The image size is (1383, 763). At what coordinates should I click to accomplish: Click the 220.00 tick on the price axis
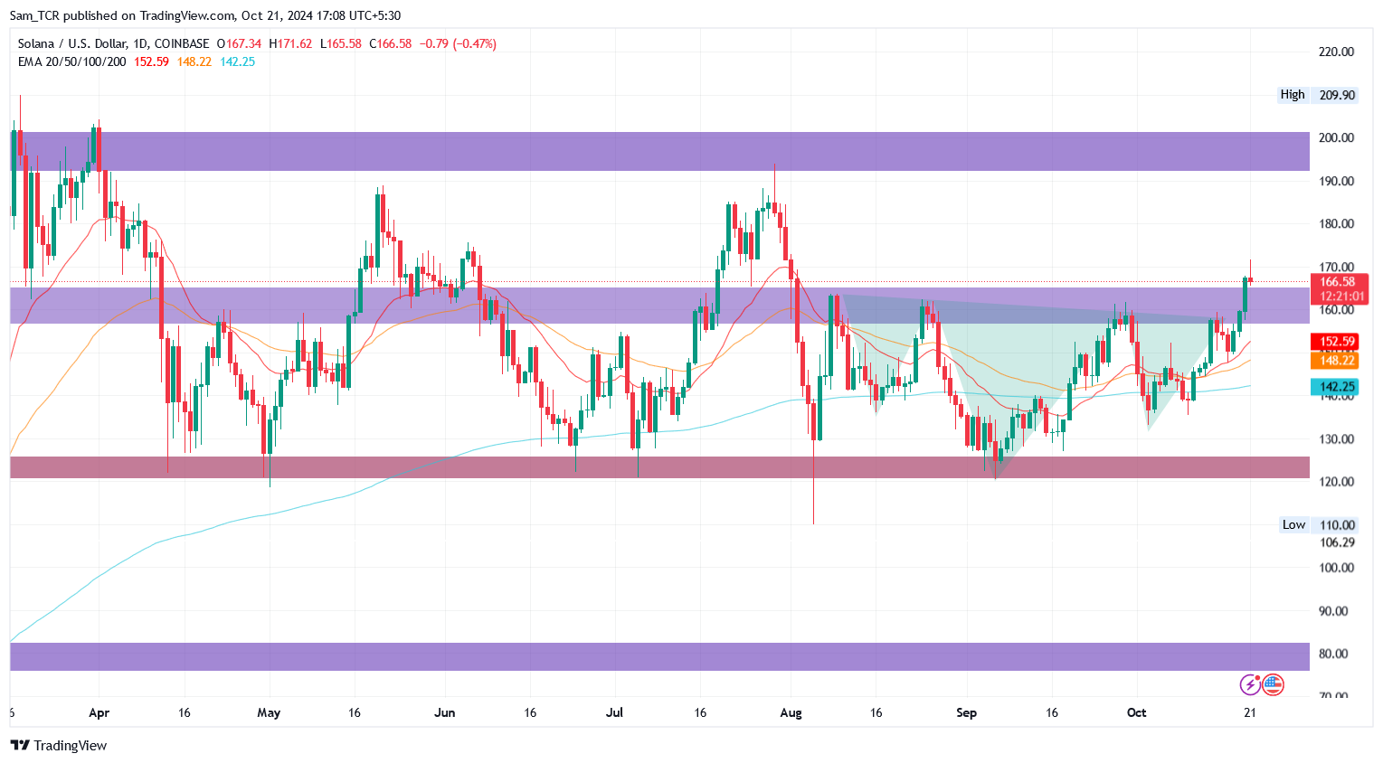pos(1336,52)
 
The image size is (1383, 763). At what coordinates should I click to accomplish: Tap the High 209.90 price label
pos(1318,94)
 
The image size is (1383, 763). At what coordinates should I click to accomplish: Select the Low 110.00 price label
pos(1318,524)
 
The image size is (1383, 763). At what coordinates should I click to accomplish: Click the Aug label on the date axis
pos(791,712)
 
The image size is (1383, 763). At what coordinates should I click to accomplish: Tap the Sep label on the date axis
pos(966,712)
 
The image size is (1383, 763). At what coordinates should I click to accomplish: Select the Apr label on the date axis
pos(99,712)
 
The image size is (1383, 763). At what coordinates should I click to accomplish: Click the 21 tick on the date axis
pos(1250,712)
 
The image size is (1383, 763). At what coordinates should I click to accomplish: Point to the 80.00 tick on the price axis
pos(1336,654)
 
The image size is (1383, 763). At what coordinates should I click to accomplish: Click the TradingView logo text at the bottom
pos(59,745)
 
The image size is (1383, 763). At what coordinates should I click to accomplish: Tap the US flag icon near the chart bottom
pos(1273,684)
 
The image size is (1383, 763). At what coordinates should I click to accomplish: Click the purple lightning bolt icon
pos(1250,684)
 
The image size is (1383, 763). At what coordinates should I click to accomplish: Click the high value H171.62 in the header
pos(290,43)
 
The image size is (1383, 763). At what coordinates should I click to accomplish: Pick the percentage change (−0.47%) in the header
pos(475,43)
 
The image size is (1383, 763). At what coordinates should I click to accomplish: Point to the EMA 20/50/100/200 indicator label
pos(71,61)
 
